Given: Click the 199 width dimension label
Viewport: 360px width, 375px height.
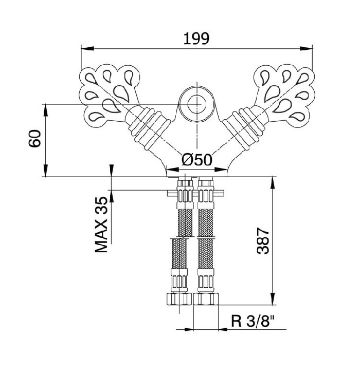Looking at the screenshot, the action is [196, 39].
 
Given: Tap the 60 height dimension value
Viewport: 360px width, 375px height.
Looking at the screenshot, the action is [35, 138].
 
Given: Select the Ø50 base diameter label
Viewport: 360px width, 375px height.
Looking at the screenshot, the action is [197, 160].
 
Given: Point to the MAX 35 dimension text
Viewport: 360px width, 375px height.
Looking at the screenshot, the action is [101, 224].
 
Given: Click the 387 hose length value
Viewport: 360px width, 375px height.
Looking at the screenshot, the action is [263, 241].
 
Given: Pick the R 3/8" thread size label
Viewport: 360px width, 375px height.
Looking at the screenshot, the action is [253, 321].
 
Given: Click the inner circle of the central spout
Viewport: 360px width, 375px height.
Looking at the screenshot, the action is [197, 104].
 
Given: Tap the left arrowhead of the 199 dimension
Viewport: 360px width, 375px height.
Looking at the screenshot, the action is [87, 49].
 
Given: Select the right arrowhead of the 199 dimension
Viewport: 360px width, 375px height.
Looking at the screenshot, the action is [307, 49].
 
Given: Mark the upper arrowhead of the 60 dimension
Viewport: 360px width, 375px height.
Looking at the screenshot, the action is [45, 110].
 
